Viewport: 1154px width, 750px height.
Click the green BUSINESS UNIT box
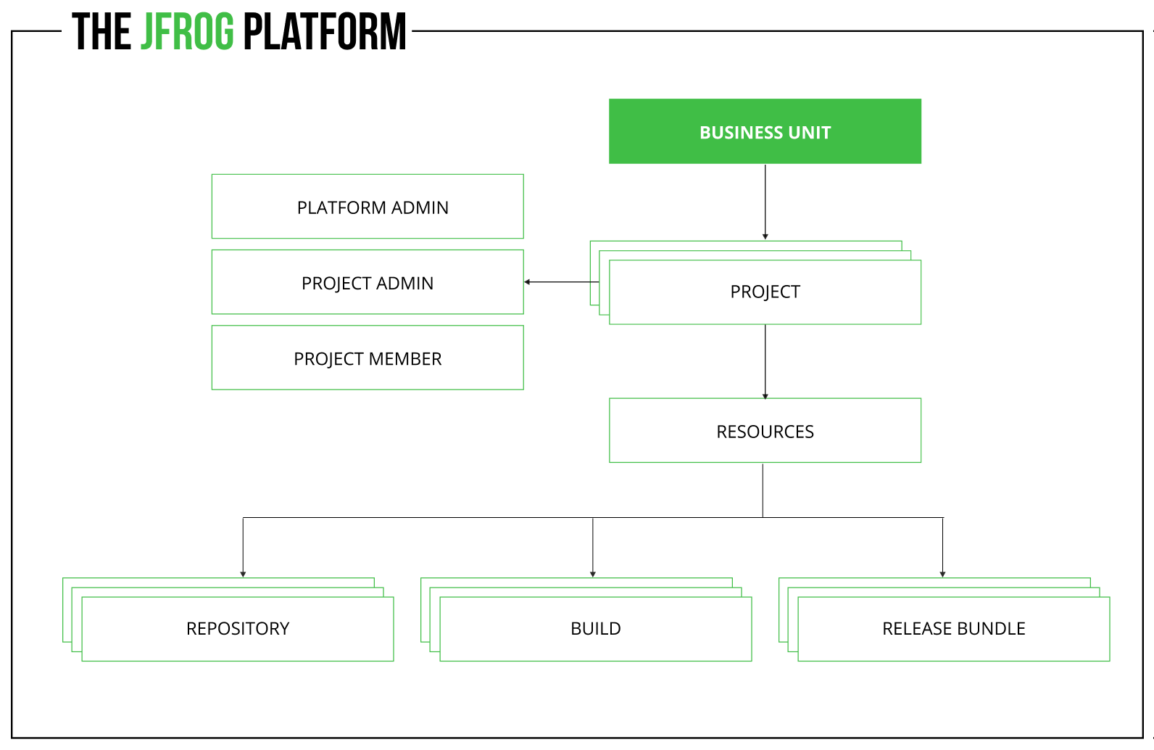pos(765,131)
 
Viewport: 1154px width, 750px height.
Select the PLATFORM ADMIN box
pos(368,207)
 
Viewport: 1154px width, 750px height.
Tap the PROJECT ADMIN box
pos(368,282)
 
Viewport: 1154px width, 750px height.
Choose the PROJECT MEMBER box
pos(368,358)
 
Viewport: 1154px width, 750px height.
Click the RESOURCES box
pos(765,431)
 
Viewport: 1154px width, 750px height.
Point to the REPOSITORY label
pos(238,628)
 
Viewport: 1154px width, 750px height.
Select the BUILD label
pos(595,628)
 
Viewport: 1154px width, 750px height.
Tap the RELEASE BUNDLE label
pos(953,628)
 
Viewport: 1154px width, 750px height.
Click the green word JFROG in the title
pos(187,33)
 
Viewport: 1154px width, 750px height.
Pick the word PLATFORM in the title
pos(325,33)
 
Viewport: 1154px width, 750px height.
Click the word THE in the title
pos(101,33)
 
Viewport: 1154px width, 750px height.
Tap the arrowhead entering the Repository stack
pos(243,574)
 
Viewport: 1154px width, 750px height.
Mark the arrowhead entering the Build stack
pos(593,574)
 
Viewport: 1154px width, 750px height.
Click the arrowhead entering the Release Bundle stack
pos(942,574)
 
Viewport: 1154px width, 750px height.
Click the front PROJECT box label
pos(765,292)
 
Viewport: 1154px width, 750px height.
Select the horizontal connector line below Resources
pos(507,517)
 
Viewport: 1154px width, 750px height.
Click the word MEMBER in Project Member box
pos(405,358)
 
